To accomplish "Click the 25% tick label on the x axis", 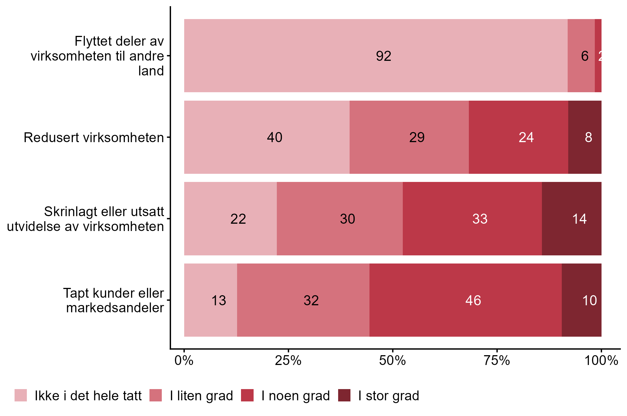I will (288, 361).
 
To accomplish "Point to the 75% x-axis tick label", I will (497, 361).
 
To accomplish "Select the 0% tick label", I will (184, 361).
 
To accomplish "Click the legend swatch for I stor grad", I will (344, 395).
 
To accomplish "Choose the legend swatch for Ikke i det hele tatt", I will (21, 395).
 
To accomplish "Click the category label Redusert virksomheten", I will (94, 138).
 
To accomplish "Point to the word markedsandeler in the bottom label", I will (115, 308).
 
